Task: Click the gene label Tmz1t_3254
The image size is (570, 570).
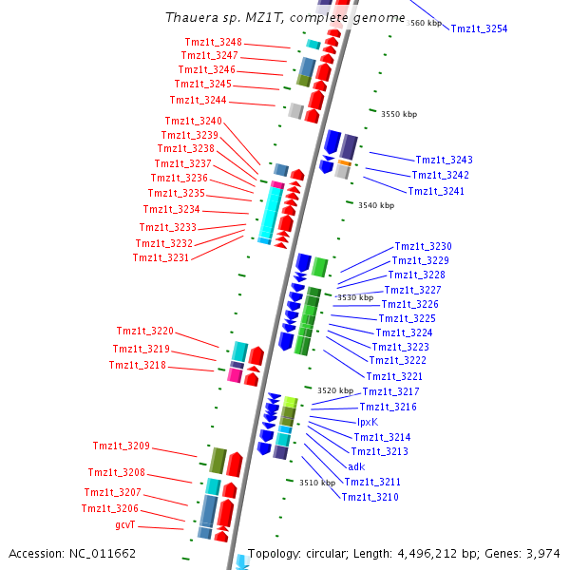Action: (x=479, y=28)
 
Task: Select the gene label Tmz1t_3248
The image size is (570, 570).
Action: (x=214, y=42)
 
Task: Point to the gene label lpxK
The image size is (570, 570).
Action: (x=368, y=422)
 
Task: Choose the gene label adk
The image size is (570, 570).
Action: (x=356, y=466)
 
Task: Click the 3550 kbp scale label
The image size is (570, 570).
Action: (x=399, y=114)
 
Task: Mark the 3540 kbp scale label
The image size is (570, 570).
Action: (x=375, y=205)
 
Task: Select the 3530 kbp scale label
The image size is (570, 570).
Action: (x=355, y=297)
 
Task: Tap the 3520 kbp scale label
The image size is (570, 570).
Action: (x=335, y=390)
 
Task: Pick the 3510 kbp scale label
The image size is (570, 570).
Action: (x=317, y=483)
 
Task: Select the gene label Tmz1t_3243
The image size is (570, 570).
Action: (x=444, y=160)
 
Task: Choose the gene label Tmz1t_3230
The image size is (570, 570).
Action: (x=423, y=246)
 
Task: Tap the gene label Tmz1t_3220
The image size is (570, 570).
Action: (x=145, y=331)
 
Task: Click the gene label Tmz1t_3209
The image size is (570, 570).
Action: (x=122, y=446)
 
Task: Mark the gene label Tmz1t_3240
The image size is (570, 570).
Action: (x=194, y=121)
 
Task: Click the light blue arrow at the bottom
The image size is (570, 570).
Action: (x=241, y=562)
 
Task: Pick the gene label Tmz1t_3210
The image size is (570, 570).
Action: (x=370, y=497)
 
